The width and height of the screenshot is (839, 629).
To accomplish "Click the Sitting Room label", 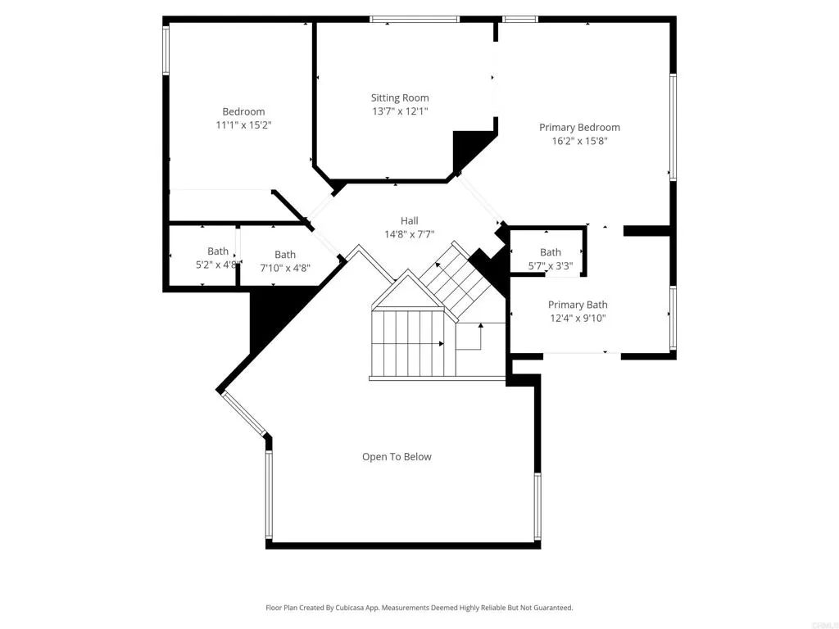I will [399, 98].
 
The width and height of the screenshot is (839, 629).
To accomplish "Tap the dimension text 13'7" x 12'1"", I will [399, 111].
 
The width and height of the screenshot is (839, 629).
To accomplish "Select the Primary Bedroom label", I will [579, 128].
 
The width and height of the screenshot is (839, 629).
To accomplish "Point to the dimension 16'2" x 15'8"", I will [579, 141].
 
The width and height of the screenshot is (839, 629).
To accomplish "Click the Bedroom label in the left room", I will [243, 112].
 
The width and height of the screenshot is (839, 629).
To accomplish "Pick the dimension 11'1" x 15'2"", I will [243, 125].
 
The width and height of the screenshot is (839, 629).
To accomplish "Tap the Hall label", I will [409, 221].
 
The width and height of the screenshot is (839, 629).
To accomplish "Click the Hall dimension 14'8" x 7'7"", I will [409, 234].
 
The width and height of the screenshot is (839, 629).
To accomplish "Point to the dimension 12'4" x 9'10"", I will [578, 319].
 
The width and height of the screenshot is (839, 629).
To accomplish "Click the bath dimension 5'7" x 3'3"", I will [550, 265].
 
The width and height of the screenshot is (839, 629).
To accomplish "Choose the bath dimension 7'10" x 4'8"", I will [285, 268].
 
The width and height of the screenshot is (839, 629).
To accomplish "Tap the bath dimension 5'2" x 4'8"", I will [217, 265].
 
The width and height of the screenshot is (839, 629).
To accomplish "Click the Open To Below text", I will [397, 457].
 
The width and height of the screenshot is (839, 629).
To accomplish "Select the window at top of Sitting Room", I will [414, 19].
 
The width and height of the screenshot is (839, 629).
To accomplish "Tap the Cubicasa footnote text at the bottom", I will [419, 608].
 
